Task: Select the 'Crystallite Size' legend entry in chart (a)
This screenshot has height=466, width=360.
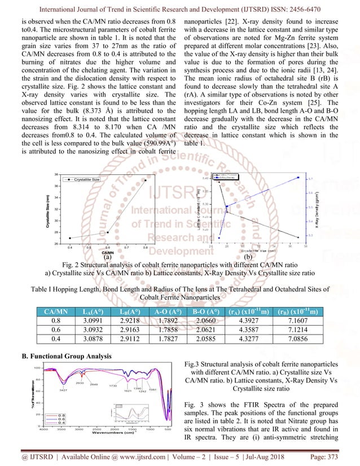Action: click(x=87, y=179)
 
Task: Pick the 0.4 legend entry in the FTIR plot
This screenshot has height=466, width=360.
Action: click(x=60, y=422)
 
